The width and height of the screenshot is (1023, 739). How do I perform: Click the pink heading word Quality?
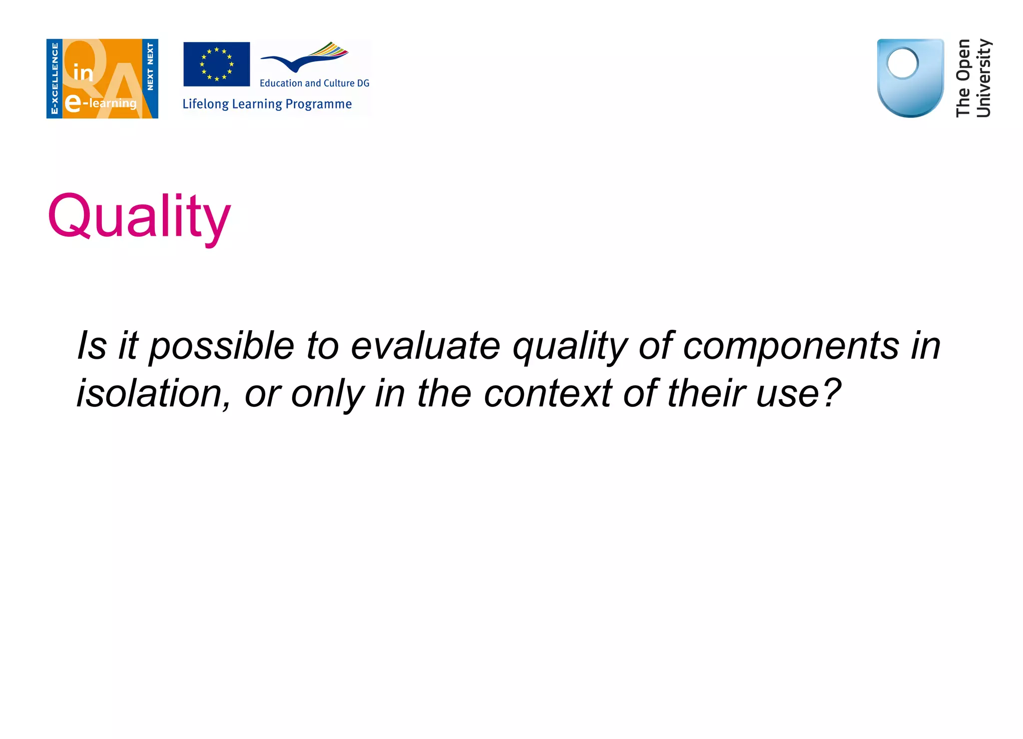(139, 216)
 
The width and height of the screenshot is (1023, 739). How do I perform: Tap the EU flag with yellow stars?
(216, 64)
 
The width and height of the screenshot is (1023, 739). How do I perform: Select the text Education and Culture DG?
(314, 83)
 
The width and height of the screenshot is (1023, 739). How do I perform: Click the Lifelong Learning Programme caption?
(267, 104)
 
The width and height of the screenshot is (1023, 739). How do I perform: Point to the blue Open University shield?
(910, 78)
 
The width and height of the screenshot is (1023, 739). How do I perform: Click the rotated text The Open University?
(973, 78)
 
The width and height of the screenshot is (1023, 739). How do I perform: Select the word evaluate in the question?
(425, 346)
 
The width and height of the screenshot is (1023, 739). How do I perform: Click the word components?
(791, 346)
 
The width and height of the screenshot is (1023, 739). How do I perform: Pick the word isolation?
(153, 393)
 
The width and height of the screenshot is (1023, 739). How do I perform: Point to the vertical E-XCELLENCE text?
(54, 78)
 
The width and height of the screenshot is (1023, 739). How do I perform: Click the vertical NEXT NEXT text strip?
(150, 66)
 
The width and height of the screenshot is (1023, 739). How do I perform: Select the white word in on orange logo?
(83, 73)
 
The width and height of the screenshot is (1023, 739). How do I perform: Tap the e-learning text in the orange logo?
(101, 103)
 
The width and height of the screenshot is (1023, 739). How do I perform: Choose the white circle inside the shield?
(902, 63)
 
